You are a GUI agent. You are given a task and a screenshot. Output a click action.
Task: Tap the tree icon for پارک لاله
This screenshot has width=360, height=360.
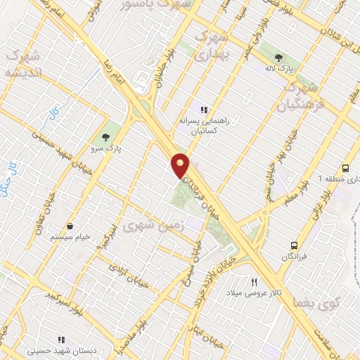(x=280, y=58)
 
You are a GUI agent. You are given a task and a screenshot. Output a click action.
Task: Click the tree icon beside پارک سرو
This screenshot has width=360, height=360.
(x=105, y=136)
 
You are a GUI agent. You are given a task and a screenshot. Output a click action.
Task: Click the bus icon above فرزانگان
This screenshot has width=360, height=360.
(x=295, y=245)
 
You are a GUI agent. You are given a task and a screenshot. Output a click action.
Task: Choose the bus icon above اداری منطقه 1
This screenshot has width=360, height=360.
(x=345, y=168)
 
